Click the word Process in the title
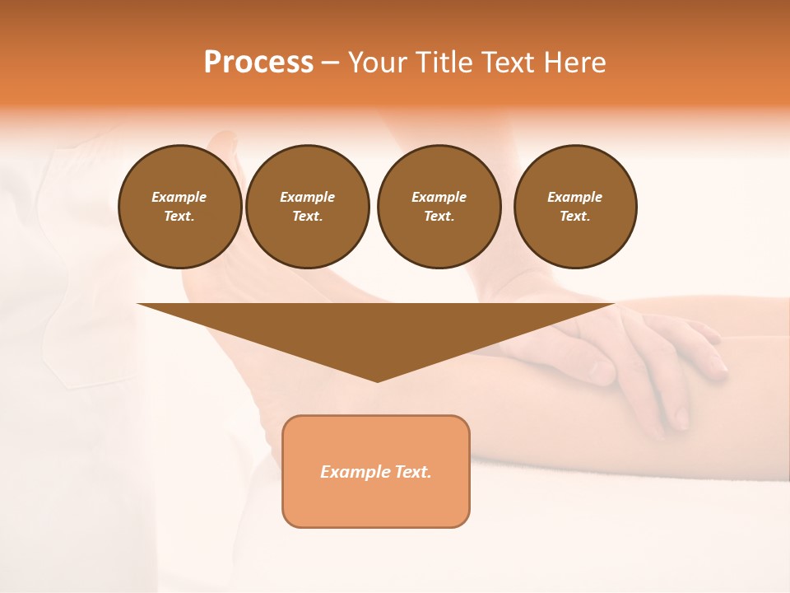(x=258, y=63)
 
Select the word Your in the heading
(x=379, y=63)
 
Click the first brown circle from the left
(x=180, y=207)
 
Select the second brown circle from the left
(x=308, y=207)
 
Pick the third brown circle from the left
(x=439, y=207)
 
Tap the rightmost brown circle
(x=575, y=207)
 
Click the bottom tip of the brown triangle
(x=377, y=380)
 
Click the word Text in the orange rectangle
(x=412, y=472)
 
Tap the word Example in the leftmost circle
(x=179, y=197)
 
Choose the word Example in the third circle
(x=439, y=197)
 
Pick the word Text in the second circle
(x=306, y=216)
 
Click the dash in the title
(x=330, y=63)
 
